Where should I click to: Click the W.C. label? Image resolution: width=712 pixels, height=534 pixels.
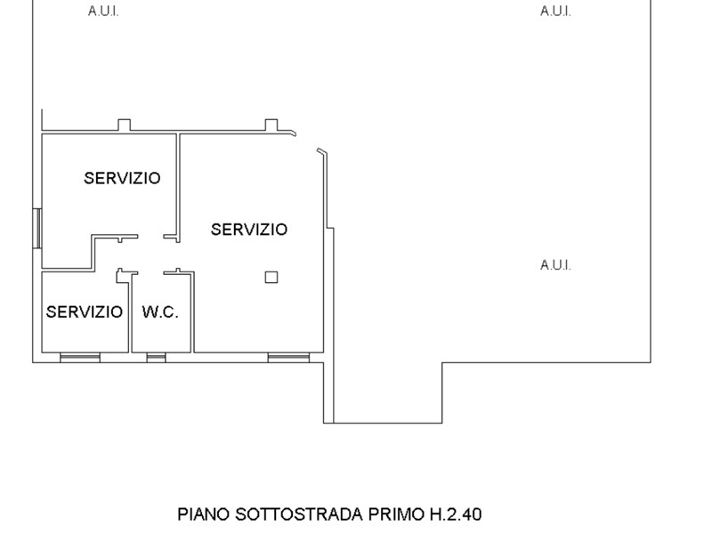coord(160,312)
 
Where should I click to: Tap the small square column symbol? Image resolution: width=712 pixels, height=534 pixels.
coord(271,277)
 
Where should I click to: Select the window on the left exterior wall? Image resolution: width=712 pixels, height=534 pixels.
coord(37,228)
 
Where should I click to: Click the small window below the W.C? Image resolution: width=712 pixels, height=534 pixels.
coord(157,358)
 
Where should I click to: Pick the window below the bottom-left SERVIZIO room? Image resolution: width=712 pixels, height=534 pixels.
coord(80,358)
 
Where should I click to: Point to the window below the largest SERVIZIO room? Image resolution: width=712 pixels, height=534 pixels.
coord(288,358)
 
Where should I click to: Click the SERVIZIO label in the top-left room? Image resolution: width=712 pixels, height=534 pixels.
coord(122,178)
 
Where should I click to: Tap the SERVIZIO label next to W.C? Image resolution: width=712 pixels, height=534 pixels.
coord(85,312)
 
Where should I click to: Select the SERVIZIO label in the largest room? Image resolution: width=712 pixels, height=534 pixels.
coord(249,230)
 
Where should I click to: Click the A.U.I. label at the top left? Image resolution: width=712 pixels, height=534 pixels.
coord(103,12)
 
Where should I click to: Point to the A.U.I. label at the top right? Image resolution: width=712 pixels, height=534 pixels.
coord(555,12)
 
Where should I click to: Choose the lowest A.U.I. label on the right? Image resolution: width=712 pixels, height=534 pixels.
coord(555,264)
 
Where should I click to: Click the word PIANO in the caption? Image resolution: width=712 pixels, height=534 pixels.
coord(204,514)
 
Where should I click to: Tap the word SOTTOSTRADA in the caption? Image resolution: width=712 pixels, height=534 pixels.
coord(299,514)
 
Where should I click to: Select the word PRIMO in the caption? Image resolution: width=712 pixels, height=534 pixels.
coord(396,514)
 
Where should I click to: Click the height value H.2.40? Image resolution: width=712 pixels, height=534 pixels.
coord(456,514)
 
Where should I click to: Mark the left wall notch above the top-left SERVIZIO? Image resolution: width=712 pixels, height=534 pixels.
coord(124,125)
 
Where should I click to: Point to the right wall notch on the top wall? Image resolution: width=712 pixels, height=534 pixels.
coord(271,125)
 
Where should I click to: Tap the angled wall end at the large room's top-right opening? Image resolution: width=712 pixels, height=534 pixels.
coord(321,151)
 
